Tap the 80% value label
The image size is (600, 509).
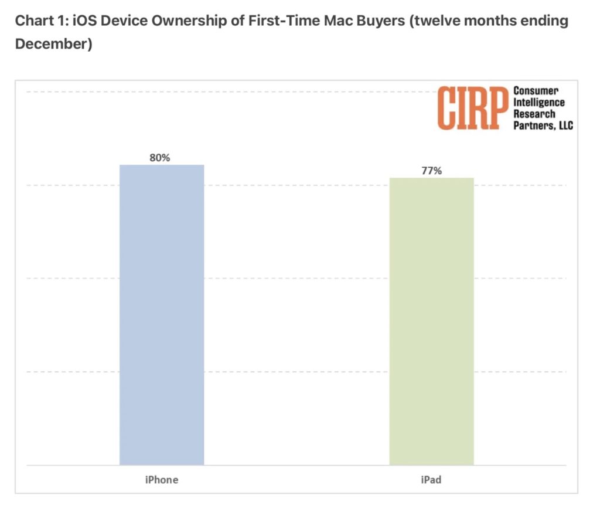coord(159,157)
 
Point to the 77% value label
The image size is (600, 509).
coord(431,171)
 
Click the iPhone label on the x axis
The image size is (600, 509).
coord(162,480)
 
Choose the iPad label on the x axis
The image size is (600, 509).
coord(431,480)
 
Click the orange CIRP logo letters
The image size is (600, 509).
coord(472,108)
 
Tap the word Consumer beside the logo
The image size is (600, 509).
coord(536,91)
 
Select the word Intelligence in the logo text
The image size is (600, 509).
coord(539,103)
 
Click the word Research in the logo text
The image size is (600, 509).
coord(534,114)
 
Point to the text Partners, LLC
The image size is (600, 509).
coord(543,125)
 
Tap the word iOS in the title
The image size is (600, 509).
coord(80,22)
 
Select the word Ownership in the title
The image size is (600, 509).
coord(180,22)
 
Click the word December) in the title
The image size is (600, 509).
coord(53,45)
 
